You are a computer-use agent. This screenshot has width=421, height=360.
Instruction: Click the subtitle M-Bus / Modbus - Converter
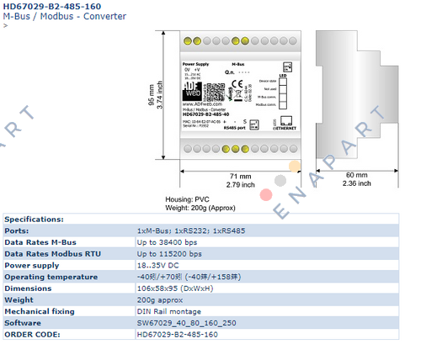(65, 17)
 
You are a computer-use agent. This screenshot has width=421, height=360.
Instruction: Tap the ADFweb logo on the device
(193, 89)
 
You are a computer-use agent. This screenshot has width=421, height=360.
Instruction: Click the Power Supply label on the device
(196, 63)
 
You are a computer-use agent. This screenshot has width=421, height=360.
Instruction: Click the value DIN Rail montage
(169, 310)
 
